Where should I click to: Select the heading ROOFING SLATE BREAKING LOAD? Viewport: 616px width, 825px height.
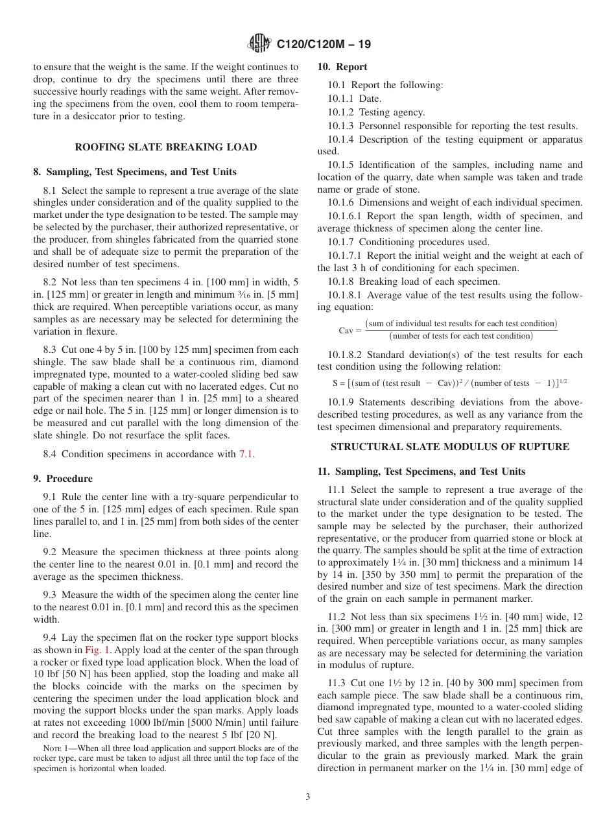click(166, 147)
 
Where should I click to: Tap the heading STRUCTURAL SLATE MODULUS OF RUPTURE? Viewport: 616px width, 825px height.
click(450, 447)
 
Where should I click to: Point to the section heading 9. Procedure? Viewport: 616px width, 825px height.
click(63, 479)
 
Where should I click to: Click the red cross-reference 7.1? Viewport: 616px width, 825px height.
click(246, 454)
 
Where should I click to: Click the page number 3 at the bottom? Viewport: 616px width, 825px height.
click(308, 797)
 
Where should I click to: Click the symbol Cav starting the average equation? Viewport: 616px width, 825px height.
click(348, 330)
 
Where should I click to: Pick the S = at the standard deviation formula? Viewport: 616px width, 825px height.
click(339, 383)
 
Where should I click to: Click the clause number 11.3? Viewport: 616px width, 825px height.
click(335, 683)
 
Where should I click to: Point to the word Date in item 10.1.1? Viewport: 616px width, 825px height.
click(370, 99)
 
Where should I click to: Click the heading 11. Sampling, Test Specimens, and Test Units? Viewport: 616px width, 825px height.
click(421, 472)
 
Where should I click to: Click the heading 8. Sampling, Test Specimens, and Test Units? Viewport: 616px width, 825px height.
click(135, 172)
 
